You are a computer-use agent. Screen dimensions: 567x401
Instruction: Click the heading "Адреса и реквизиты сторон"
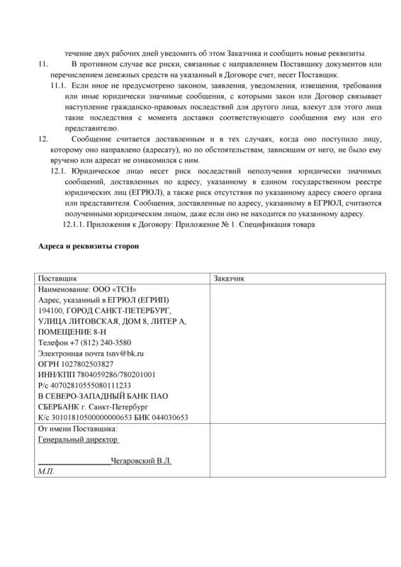point(88,247)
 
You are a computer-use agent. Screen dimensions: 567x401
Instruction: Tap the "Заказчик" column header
point(229,279)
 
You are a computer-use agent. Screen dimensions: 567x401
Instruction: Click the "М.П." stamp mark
point(46,471)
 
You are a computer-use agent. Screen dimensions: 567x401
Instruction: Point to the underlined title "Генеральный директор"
point(78,439)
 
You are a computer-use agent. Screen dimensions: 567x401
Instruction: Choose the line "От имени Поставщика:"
point(77,429)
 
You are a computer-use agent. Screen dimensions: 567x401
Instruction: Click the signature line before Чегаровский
point(74,462)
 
